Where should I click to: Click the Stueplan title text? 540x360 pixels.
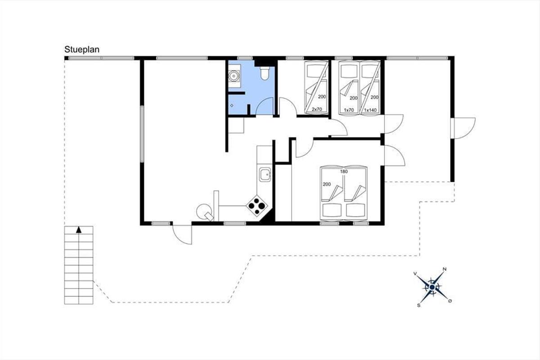(x=82, y=49)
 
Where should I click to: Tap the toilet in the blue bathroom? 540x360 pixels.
(x=265, y=73)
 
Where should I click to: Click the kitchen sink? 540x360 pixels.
(x=265, y=175)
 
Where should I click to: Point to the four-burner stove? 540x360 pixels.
(x=257, y=206)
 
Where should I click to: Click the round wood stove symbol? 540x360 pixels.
(x=204, y=211)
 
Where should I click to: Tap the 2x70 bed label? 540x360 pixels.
(x=317, y=109)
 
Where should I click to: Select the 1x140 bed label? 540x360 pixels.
(x=370, y=110)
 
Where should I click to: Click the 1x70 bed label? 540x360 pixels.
(x=349, y=110)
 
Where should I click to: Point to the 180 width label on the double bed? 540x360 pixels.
(x=344, y=172)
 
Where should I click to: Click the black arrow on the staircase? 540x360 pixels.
(x=79, y=230)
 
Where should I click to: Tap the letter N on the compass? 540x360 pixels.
(x=445, y=269)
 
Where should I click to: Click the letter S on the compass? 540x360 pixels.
(x=419, y=306)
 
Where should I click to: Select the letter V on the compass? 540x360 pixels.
(x=415, y=274)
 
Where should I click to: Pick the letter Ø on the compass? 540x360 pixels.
(x=450, y=301)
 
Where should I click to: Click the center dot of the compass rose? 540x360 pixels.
(x=432, y=287)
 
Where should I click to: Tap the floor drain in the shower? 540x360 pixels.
(x=232, y=106)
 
